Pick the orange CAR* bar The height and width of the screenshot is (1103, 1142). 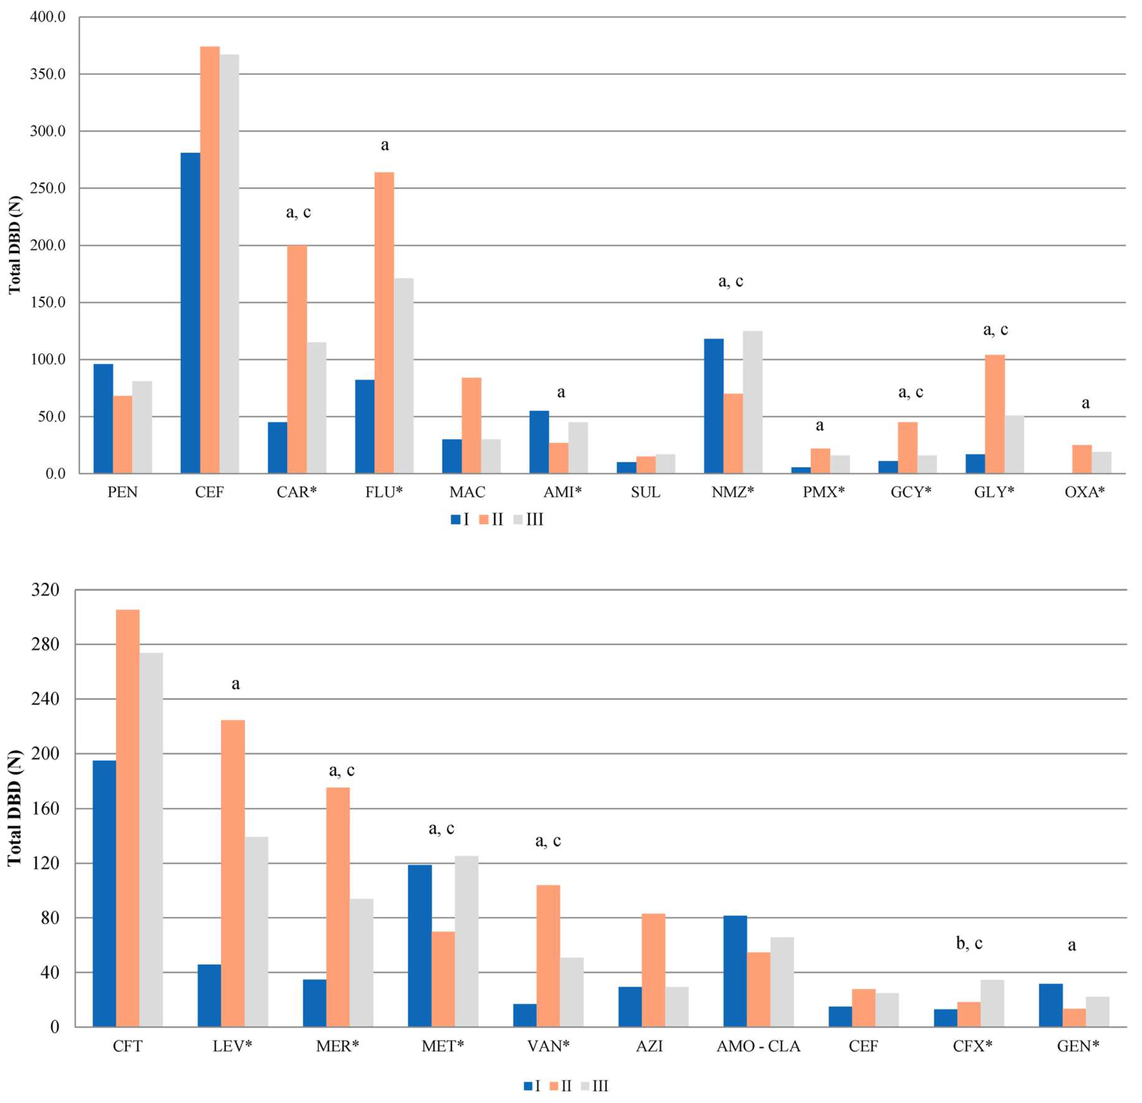(x=297, y=359)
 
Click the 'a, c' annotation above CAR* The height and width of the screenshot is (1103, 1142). (x=298, y=213)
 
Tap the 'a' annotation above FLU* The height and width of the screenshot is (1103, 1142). (x=384, y=145)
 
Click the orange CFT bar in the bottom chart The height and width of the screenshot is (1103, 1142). (x=127, y=818)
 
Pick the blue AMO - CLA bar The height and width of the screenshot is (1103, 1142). (x=735, y=971)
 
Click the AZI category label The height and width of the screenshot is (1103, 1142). (x=649, y=1046)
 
